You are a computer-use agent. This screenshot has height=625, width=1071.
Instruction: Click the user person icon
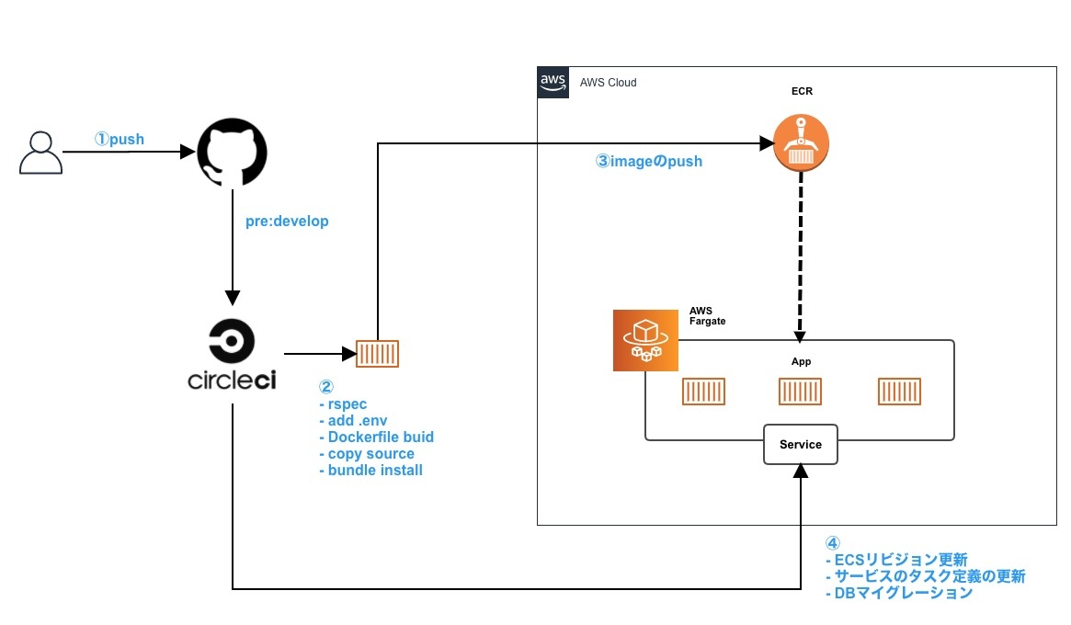coord(40,153)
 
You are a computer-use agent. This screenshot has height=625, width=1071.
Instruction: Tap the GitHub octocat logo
coord(232,153)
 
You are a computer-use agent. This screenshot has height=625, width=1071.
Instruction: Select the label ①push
coord(120,139)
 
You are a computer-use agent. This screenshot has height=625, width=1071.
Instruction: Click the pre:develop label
coord(287,222)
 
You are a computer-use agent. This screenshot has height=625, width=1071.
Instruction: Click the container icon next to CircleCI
coord(377,354)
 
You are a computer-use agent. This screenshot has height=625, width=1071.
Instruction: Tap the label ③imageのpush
coord(649,161)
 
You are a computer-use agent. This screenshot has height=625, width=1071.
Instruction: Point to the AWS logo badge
coord(553,82)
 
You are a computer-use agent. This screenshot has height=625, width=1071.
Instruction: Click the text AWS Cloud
coord(608,83)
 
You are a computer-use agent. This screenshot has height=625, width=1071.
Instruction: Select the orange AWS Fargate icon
coord(644,340)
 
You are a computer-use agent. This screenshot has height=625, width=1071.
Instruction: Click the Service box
coord(800,445)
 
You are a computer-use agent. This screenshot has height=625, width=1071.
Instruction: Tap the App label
coord(801,361)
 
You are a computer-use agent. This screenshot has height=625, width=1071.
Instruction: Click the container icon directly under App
coord(800,392)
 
